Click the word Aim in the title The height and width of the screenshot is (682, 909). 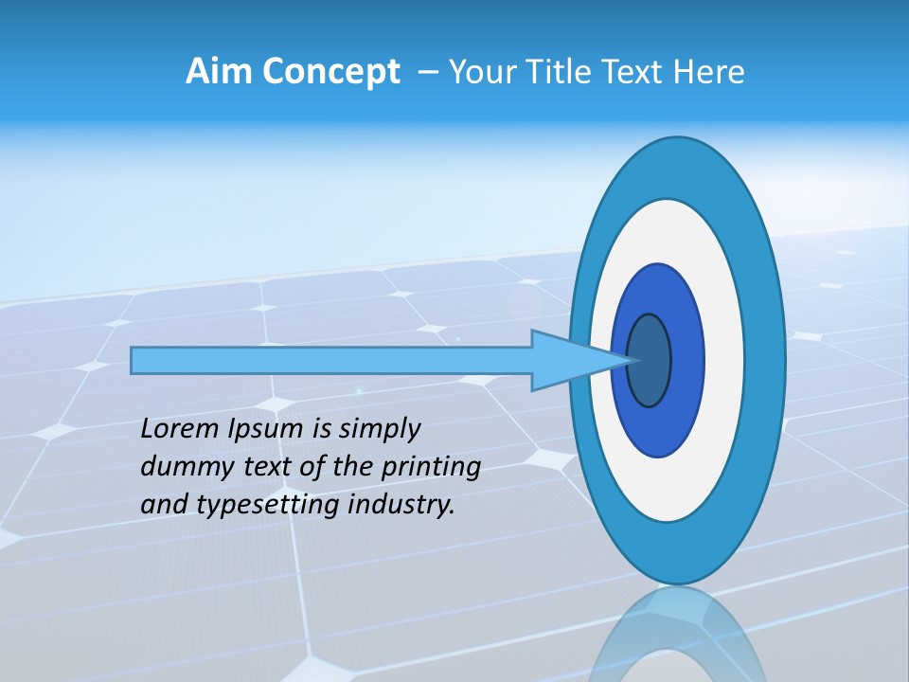[x=219, y=72]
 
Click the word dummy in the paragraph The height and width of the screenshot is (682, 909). [x=177, y=467]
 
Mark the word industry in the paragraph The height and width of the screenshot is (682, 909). [x=401, y=506]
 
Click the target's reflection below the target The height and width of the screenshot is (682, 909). [x=677, y=635]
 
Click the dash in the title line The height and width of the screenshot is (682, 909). [x=427, y=72]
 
